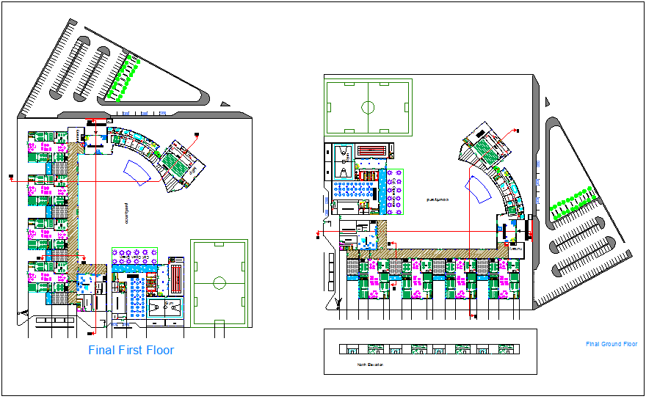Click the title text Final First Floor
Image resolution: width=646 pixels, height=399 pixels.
(x=131, y=351)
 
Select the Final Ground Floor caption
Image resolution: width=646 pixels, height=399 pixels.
(x=611, y=344)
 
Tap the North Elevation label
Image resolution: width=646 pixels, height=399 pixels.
(x=370, y=365)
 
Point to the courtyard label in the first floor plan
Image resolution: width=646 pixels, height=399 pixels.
(x=126, y=212)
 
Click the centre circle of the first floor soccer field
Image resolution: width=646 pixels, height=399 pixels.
(x=219, y=282)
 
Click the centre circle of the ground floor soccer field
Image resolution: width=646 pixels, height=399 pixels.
(x=368, y=107)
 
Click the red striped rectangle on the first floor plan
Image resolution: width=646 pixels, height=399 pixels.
(x=175, y=279)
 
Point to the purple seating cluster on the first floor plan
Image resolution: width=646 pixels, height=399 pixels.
(x=134, y=256)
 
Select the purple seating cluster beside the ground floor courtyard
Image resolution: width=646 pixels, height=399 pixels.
(x=394, y=193)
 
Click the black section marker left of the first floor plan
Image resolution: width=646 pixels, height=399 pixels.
(x=11, y=177)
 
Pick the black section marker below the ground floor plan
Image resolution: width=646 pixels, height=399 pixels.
(x=473, y=317)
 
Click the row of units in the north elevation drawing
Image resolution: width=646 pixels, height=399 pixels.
(x=430, y=350)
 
